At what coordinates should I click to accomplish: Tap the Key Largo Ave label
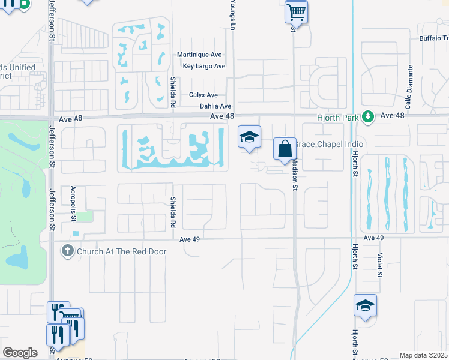pyautogui.click(x=204, y=66)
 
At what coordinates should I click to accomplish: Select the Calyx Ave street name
pyautogui.click(x=203, y=95)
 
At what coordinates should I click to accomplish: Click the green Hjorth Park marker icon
pyautogui.click(x=371, y=116)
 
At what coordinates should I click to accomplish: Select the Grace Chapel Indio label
pyautogui.click(x=330, y=145)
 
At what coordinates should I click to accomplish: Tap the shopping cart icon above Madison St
pyautogui.click(x=296, y=11)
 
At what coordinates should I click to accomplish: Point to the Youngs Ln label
pyautogui.click(x=232, y=14)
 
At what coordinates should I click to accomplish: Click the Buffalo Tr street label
pyautogui.click(x=433, y=38)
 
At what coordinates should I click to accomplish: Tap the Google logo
pyautogui.click(x=20, y=352)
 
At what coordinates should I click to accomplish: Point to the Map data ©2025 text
pyautogui.click(x=423, y=355)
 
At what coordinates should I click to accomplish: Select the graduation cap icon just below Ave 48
pyautogui.click(x=249, y=136)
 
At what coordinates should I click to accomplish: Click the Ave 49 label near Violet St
pyautogui.click(x=373, y=238)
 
